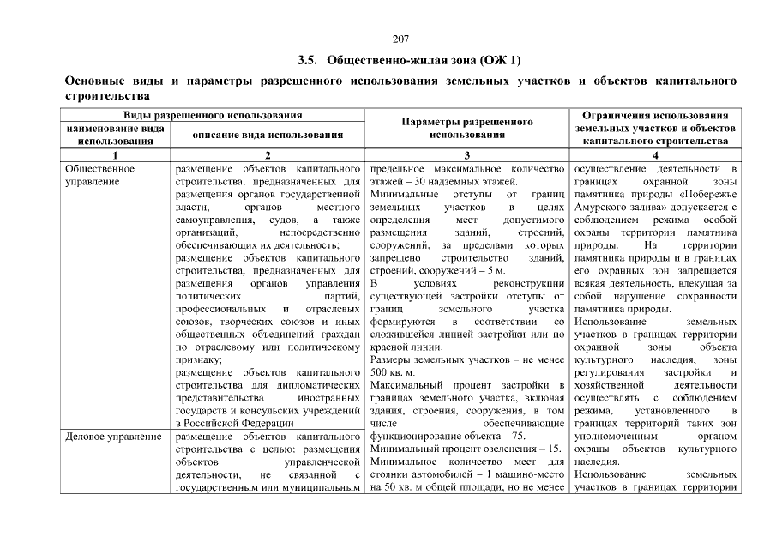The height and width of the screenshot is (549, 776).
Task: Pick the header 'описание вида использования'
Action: [268, 134]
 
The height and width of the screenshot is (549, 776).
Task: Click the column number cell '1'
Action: [115, 154]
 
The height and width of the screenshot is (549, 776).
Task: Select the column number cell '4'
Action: [655, 154]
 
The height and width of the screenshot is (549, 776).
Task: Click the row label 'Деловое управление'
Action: [114, 437]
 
